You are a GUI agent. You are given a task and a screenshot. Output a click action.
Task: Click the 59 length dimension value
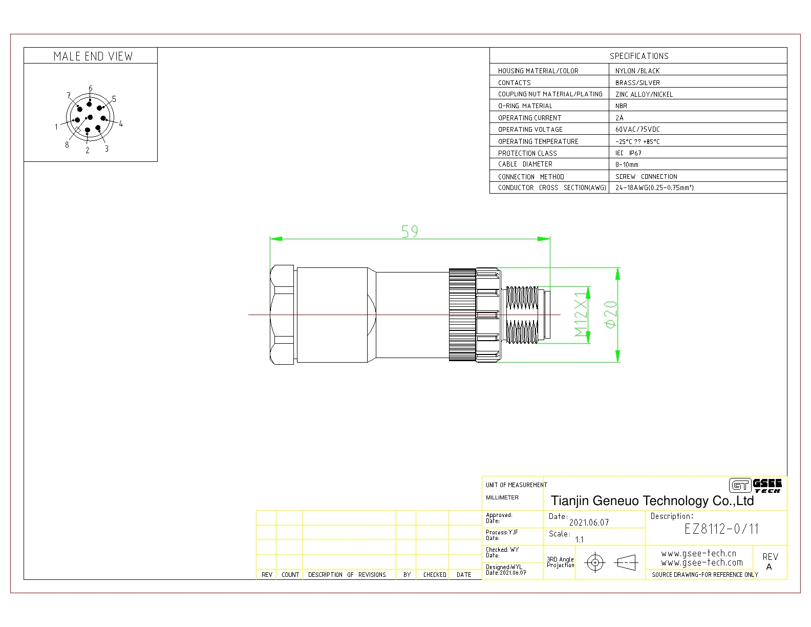pyautogui.click(x=410, y=232)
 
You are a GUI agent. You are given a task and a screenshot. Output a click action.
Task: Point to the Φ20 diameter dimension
pyautogui.click(x=611, y=315)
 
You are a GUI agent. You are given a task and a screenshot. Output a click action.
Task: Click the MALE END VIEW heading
pyautogui.click(x=93, y=56)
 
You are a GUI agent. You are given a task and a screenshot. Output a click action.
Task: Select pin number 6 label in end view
pyautogui.click(x=90, y=88)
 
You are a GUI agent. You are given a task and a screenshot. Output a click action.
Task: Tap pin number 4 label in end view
pyautogui.click(x=121, y=123)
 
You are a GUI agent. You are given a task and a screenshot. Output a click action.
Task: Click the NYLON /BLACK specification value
pyautogui.click(x=637, y=71)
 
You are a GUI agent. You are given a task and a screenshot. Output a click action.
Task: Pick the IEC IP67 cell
pyautogui.click(x=628, y=153)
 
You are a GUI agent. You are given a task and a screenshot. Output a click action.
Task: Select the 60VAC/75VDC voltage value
pyautogui.click(x=637, y=129)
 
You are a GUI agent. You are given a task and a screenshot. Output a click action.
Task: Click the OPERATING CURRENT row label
pyautogui.click(x=529, y=118)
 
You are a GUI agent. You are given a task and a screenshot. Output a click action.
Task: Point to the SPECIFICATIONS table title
pyautogui.click(x=639, y=56)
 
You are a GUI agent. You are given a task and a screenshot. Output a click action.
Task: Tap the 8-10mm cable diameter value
pyautogui.click(x=627, y=164)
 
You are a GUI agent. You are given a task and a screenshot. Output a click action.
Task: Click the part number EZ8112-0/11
pyautogui.click(x=721, y=529)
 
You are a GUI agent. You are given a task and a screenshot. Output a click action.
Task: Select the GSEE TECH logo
pyautogui.click(x=755, y=486)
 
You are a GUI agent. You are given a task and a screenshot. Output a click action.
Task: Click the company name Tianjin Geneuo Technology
pyautogui.click(x=652, y=501)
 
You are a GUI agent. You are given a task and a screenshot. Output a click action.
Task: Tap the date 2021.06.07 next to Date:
pyautogui.click(x=589, y=522)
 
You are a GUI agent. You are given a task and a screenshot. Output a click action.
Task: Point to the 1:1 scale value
pyautogui.click(x=579, y=539)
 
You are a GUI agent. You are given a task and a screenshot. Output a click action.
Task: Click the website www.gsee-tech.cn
pyautogui.click(x=698, y=553)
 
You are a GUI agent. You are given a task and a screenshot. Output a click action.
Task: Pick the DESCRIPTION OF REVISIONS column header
pyautogui.click(x=347, y=574)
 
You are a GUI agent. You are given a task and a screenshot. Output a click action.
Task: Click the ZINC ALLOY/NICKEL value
pyautogui.click(x=644, y=94)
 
